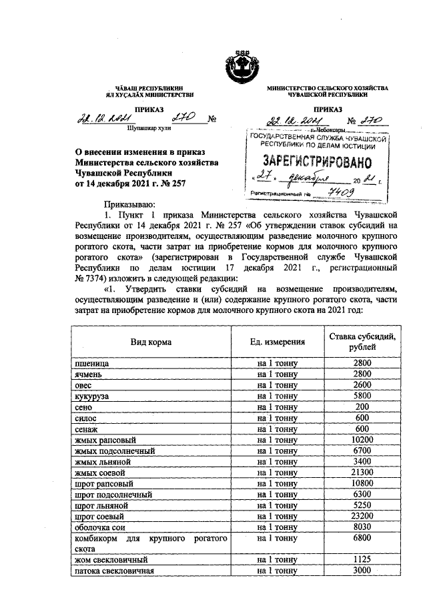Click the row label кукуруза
[x=92, y=396]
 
